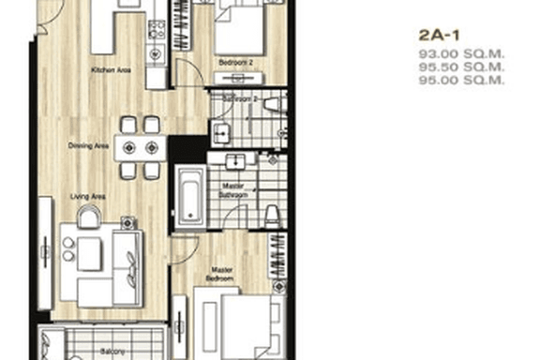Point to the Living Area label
click(87, 196)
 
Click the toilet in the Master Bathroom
click(272, 216)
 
